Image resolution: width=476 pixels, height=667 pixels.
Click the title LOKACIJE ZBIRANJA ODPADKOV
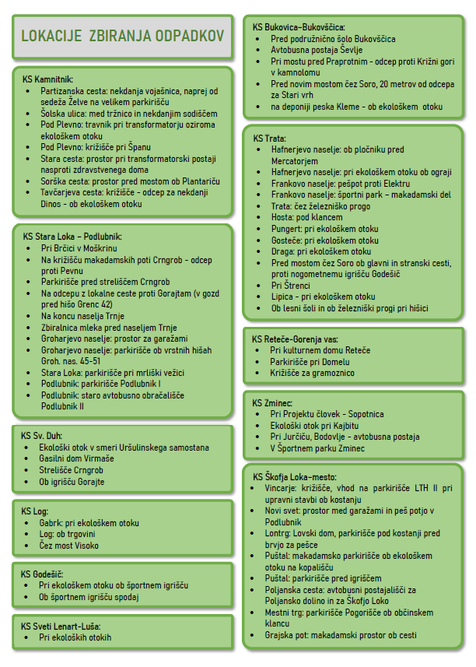(122, 36)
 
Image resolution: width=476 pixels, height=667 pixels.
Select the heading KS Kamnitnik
(47, 79)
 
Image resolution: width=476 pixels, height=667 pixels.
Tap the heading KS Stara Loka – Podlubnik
(72, 237)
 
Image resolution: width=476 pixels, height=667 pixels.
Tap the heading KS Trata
(270, 139)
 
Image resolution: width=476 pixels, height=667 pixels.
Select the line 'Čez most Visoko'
(69, 546)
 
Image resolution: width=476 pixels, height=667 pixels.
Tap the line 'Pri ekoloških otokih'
(75, 637)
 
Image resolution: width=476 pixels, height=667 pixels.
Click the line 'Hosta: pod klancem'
(307, 217)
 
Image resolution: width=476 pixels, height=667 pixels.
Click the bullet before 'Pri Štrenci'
(263, 286)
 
